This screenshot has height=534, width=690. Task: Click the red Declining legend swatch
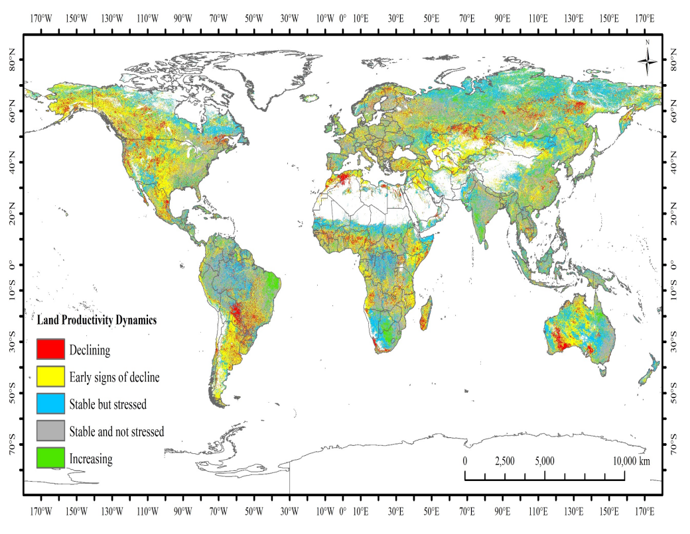click(x=50, y=349)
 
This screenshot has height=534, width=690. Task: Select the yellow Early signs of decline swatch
click(x=50, y=377)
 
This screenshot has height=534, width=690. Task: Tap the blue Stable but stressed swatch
click(x=50, y=404)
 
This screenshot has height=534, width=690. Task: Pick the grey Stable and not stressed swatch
click(x=50, y=431)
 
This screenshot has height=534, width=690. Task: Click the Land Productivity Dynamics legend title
click(x=97, y=319)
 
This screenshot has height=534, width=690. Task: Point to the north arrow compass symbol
click(x=648, y=61)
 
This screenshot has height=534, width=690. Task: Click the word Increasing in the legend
click(x=91, y=458)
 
